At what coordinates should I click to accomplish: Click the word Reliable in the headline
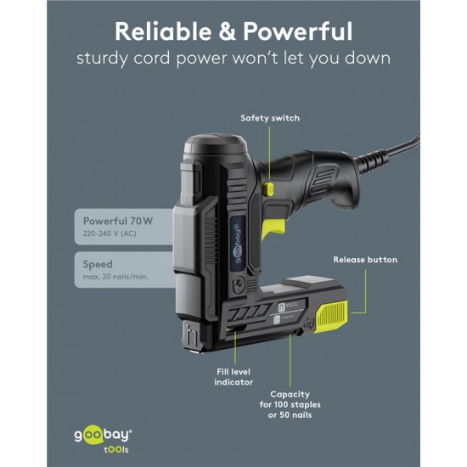coord(163,31)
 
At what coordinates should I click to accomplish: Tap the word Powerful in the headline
coord(298,31)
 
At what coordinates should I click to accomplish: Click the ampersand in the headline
coord(228,31)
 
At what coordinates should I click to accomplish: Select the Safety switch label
coord(270,118)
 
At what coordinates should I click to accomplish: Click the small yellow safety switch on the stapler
coord(268,189)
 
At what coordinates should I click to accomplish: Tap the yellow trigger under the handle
coord(273,228)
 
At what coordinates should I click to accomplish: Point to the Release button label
coord(365,260)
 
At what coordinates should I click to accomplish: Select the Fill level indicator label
coord(233,377)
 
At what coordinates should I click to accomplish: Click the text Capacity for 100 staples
coord(290,399)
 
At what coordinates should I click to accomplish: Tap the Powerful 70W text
coord(118,221)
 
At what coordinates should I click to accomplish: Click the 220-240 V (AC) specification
coord(110,233)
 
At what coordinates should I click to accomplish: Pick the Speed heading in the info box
coord(98,264)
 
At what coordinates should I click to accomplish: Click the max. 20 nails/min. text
coord(115,277)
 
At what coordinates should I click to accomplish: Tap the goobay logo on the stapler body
coord(239,244)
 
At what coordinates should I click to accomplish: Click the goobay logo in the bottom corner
coord(103,435)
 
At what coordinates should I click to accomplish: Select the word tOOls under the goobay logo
coord(116,449)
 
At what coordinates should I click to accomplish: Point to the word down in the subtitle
coord(368,58)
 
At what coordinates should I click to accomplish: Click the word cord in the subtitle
coord(152,58)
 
